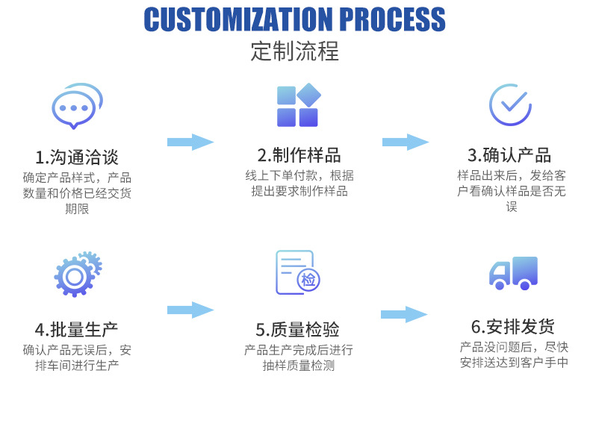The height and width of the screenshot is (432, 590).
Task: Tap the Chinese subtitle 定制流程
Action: tap(294, 51)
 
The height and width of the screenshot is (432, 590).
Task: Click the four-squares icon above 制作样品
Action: tap(298, 106)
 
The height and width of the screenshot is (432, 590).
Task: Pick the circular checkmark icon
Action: tap(509, 104)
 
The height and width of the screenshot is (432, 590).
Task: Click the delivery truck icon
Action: tap(513, 272)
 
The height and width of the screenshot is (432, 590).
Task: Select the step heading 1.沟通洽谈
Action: tap(76, 157)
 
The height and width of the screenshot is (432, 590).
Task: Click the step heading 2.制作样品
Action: tap(299, 154)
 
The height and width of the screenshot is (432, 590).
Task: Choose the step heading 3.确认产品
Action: tap(509, 154)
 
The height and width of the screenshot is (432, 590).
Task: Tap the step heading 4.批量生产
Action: tap(76, 329)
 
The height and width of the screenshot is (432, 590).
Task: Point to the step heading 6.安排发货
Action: tap(512, 327)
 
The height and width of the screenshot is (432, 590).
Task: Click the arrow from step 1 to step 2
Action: tap(190, 142)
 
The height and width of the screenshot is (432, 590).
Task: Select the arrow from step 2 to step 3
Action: tap(406, 142)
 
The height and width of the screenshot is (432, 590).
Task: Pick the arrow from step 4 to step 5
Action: tap(190, 310)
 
